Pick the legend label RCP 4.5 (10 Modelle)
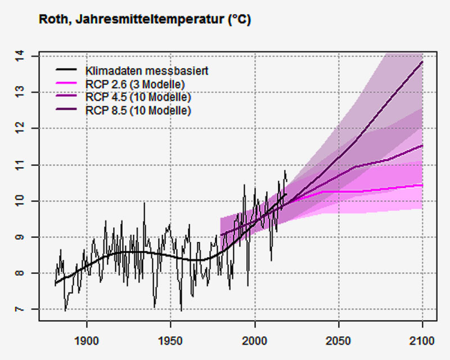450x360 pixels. (138, 97)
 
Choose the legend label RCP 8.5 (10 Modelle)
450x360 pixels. (138, 110)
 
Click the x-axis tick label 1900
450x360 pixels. (87, 341)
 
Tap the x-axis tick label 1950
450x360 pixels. (171, 341)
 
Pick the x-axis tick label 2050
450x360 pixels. (339, 341)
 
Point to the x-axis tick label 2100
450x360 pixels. (422, 341)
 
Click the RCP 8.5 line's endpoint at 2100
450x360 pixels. (422, 62)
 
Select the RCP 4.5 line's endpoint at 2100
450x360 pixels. (422, 146)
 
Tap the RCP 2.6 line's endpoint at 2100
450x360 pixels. (422, 184)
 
